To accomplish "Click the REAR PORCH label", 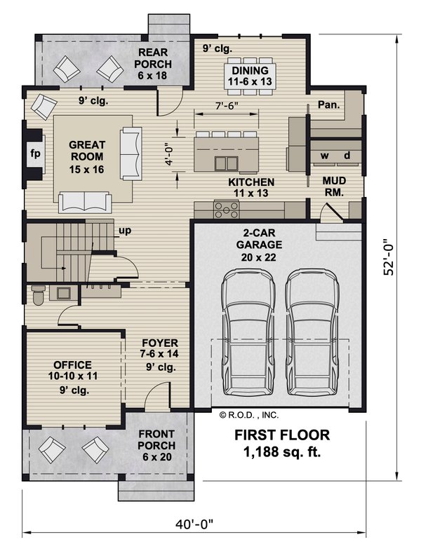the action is [x=153, y=58].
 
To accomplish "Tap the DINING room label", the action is [x=250, y=70].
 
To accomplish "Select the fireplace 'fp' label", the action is [x=35, y=154].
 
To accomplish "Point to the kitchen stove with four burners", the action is [x=227, y=209].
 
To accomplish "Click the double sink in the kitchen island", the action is [x=226, y=163].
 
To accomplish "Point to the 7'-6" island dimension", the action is [x=227, y=105].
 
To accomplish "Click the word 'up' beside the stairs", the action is [x=125, y=231].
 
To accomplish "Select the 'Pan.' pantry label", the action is [x=329, y=104].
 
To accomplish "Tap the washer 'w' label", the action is [x=324, y=155].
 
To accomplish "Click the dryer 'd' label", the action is [x=347, y=155].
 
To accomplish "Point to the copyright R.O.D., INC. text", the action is [x=249, y=415].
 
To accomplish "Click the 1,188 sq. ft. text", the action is [x=282, y=452].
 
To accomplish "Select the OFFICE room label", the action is [x=73, y=365].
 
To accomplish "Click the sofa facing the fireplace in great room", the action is [x=131, y=154].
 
